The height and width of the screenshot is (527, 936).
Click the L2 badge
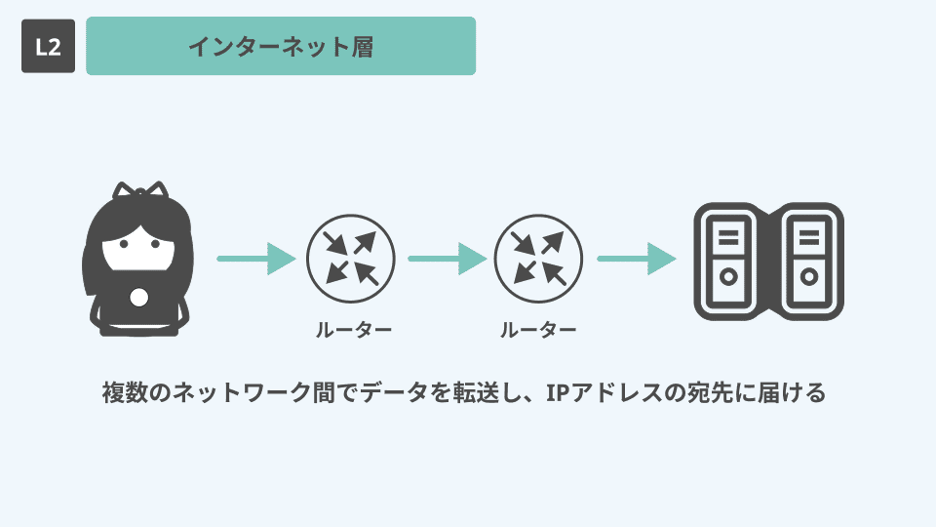click(48, 46)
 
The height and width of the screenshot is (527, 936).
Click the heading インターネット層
click(281, 46)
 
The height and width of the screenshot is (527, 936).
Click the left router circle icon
click(351, 259)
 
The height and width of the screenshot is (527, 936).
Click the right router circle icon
click(539, 259)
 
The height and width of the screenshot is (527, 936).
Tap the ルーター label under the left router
click(353, 330)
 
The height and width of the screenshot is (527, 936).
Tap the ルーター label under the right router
click(538, 330)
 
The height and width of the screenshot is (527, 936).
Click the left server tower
click(728, 260)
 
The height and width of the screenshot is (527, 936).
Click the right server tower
click(809, 260)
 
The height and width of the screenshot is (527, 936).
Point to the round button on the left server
click(727, 277)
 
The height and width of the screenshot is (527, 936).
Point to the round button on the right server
click(809, 277)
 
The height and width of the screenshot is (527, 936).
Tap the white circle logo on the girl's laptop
click(138, 297)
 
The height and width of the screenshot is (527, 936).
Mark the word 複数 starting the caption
click(124, 393)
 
